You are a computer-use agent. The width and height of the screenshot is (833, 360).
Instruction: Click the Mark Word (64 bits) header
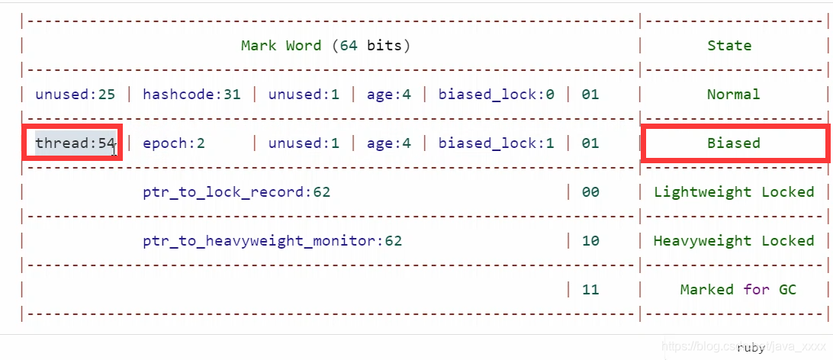326,46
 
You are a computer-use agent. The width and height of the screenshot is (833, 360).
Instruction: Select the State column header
729,46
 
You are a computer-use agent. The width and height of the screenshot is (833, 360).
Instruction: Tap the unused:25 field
75,95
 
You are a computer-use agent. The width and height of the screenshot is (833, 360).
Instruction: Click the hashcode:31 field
191,95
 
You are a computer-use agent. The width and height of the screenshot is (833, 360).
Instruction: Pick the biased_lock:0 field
496,95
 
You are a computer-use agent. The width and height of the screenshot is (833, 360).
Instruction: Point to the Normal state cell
733,95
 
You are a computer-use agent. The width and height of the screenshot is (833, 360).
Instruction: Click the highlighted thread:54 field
74,143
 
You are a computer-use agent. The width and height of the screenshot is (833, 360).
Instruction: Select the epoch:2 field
174,143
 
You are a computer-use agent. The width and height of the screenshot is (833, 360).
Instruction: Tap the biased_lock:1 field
496,143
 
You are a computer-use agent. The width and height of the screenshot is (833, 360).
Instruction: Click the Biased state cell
733,143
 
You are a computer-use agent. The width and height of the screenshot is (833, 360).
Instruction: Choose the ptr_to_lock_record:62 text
236,192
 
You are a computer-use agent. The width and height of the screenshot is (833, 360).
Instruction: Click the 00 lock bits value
590,192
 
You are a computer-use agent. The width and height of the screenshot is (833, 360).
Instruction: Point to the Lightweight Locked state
734,192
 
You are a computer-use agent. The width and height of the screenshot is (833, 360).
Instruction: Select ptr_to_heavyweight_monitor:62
272,241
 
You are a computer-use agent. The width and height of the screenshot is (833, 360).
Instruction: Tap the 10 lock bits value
590,241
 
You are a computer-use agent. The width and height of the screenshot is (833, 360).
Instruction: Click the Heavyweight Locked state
734,241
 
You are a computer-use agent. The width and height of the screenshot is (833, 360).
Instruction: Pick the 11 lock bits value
590,290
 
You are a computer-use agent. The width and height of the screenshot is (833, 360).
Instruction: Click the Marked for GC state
738,290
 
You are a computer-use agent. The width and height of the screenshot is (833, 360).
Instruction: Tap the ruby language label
751,347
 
